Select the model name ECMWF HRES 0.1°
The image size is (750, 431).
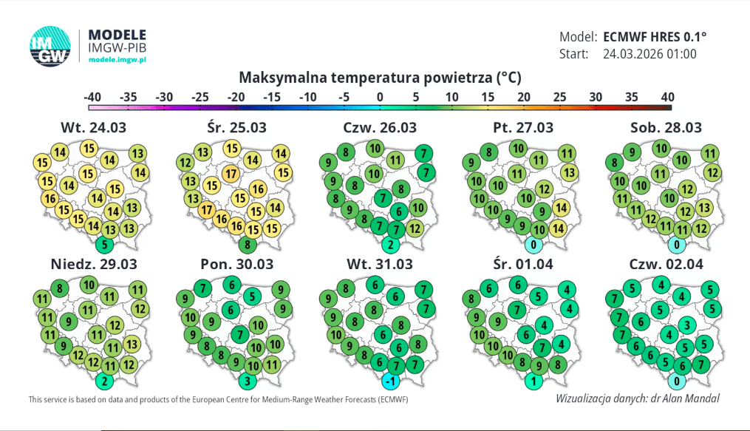pyautogui.click(x=655, y=36)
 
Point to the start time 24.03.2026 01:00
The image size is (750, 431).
pyautogui.click(x=650, y=54)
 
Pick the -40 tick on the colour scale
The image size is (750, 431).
pyautogui.click(x=92, y=97)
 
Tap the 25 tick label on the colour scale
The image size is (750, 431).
pyautogui.click(x=560, y=97)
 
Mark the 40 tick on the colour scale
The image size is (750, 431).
pyautogui.click(x=667, y=97)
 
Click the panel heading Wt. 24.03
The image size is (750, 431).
pyautogui.click(x=93, y=127)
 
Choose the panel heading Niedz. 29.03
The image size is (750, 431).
pyautogui.click(x=93, y=264)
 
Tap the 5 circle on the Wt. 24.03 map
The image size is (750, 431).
pyautogui.click(x=103, y=245)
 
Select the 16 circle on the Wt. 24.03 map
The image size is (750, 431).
pyautogui.click(x=50, y=199)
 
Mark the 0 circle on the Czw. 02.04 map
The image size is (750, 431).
pyautogui.click(x=676, y=381)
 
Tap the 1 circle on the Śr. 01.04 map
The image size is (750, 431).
pyautogui.click(x=533, y=381)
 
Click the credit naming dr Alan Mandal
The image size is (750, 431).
pyautogui.click(x=637, y=398)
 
